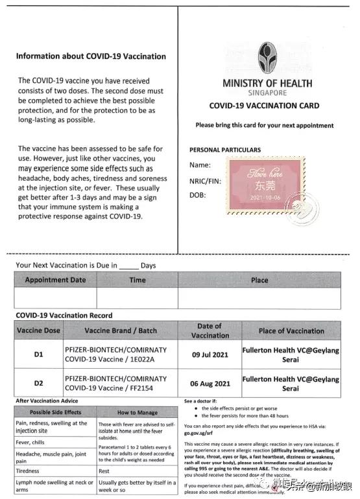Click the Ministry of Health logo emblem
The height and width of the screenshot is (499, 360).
pos(267,58)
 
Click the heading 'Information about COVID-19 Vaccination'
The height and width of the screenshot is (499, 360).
pos(91,56)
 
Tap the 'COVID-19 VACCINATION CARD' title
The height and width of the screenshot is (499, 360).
pos(264,106)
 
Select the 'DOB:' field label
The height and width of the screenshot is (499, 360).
pos(198,194)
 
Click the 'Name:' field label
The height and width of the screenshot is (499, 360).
pos(200,166)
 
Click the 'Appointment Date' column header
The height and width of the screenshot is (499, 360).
pos(55,280)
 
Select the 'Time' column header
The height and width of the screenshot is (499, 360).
pos(138,280)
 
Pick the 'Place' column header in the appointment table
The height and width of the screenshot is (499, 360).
pos(259,280)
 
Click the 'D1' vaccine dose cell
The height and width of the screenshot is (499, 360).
pos(38,355)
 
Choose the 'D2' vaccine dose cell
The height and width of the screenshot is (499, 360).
pos(38,383)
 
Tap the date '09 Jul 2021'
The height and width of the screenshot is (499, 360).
pos(210,355)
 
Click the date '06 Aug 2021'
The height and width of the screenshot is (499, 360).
pos(210,384)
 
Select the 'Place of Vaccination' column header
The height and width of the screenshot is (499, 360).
pos(291,331)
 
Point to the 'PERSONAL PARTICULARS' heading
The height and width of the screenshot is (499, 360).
pos(225,150)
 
